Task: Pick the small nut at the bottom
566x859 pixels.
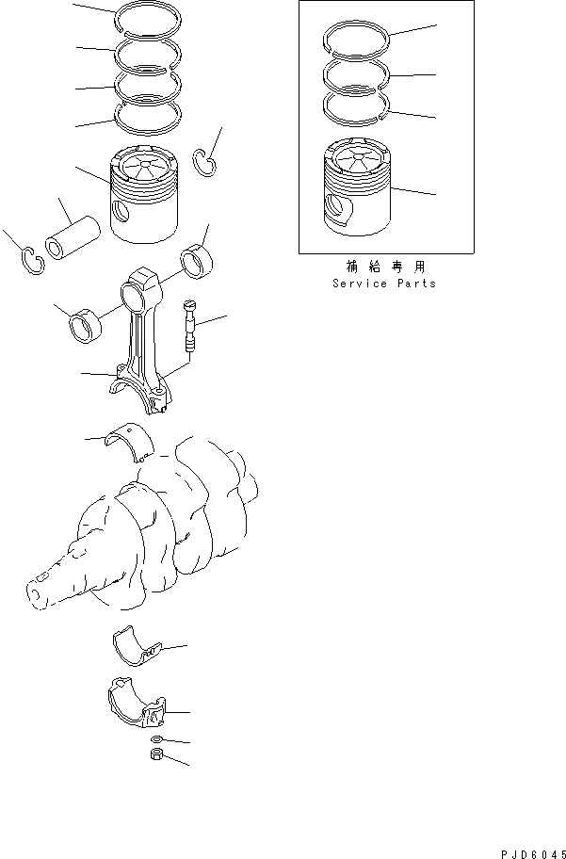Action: pyautogui.click(x=155, y=755)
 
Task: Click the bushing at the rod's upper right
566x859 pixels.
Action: pyautogui.click(x=199, y=261)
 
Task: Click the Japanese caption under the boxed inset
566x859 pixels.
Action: pyautogui.click(x=384, y=267)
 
